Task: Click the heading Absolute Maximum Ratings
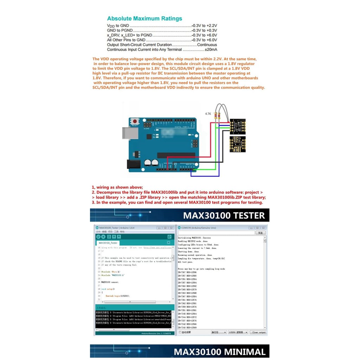click(144, 19)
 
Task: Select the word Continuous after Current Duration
click(207, 45)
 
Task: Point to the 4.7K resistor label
click(208, 114)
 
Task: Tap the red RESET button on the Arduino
click(135, 122)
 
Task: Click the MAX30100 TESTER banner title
click(224, 215)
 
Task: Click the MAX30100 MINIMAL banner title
click(220, 352)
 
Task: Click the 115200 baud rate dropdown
click(238, 332)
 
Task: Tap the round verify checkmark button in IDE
click(98, 237)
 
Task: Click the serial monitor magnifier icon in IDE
click(169, 237)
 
